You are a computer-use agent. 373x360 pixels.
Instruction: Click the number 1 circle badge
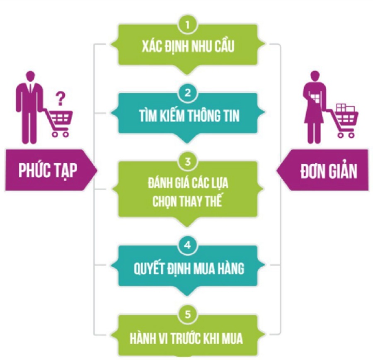click(187, 24)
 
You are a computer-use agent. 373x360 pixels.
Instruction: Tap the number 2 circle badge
click(187, 93)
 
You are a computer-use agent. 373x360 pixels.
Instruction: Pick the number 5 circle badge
click(187, 314)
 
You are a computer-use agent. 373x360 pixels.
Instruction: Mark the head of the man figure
click(30, 77)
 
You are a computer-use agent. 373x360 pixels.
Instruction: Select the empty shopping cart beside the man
click(61, 122)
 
